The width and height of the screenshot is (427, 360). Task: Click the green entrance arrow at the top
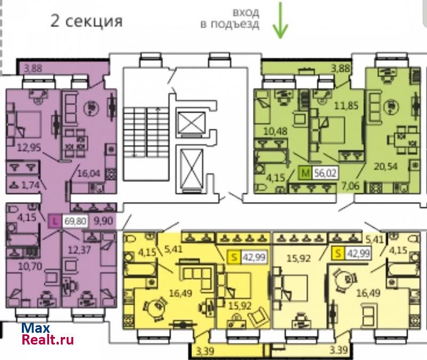(280, 20)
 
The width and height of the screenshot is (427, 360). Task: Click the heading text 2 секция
(86, 21)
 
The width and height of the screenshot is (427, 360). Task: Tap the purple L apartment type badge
(56, 221)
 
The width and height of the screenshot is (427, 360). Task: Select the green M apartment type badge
(305, 173)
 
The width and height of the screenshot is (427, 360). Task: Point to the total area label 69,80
(75, 221)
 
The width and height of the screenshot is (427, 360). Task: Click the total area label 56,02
(326, 173)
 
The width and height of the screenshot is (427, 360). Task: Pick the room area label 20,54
(385, 166)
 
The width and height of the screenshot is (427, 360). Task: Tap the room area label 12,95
(29, 147)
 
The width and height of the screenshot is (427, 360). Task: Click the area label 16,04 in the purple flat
(89, 173)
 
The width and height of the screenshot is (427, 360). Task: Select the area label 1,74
(30, 185)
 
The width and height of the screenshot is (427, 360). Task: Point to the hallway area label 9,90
(103, 221)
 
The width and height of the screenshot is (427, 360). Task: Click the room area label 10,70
(30, 266)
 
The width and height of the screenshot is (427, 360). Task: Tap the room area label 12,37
(80, 249)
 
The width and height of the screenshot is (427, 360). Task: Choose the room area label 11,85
(346, 105)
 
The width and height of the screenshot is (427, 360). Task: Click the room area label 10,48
(275, 131)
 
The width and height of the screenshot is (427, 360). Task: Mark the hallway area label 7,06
(350, 186)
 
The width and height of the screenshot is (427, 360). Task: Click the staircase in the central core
(146, 132)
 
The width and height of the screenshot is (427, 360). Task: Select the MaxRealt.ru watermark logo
(48, 334)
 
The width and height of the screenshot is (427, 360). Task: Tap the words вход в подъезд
(230, 18)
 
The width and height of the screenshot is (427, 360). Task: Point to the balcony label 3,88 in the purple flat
(33, 68)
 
